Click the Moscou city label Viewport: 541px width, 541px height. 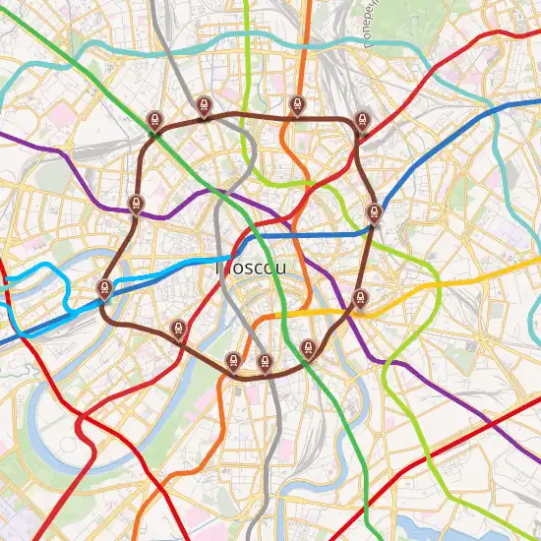252,268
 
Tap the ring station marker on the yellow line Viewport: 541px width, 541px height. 359,298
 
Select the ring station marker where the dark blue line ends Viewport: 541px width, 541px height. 374,212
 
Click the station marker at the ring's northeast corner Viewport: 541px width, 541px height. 362,119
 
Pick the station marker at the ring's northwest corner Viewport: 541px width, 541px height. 153,120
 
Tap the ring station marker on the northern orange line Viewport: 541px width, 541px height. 296,105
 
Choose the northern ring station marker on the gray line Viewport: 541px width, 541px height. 203,105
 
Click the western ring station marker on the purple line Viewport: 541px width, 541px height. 136,205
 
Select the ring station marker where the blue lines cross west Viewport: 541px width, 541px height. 103,288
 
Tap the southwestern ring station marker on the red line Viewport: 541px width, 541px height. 178,329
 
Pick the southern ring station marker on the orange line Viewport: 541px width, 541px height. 233,361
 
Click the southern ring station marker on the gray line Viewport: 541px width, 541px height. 265,362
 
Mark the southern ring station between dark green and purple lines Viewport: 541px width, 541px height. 309,347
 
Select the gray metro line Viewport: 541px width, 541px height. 276,443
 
